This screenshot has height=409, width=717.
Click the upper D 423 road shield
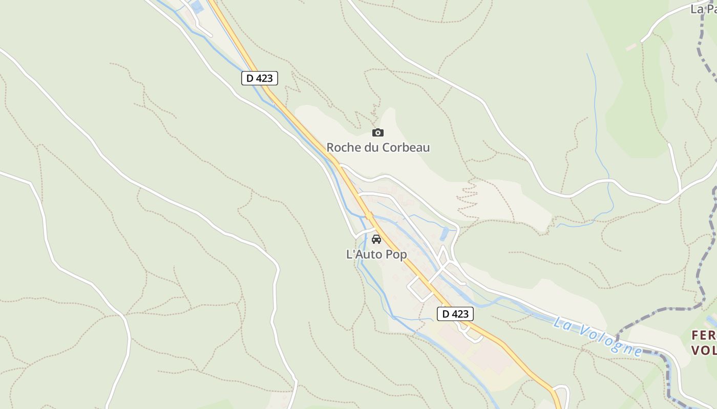pyautogui.click(x=260, y=78)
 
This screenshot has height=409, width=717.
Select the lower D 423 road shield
pyautogui.click(x=455, y=314)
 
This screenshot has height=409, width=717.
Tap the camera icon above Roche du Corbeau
pyautogui.click(x=378, y=133)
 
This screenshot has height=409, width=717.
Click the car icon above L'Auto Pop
pyautogui.click(x=376, y=239)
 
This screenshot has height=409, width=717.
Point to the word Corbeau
pyautogui.click(x=404, y=148)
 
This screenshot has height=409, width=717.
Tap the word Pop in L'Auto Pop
pyautogui.click(x=396, y=254)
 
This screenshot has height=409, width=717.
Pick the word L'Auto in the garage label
pyautogui.click(x=365, y=254)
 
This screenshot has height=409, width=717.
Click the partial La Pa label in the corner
pyautogui.click(x=703, y=9)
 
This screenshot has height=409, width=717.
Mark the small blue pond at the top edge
pyautogui.click(x=197, y=6)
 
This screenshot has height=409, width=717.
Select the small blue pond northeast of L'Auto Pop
pyautogui.click(x=444, y=234)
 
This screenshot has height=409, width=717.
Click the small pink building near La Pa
pyautogui.click(x=631, y=47)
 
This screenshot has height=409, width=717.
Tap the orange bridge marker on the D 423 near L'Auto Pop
pyautogui.click(x=369, y=216)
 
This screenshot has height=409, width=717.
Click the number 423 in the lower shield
pyautogui.click(x=460, y=314)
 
